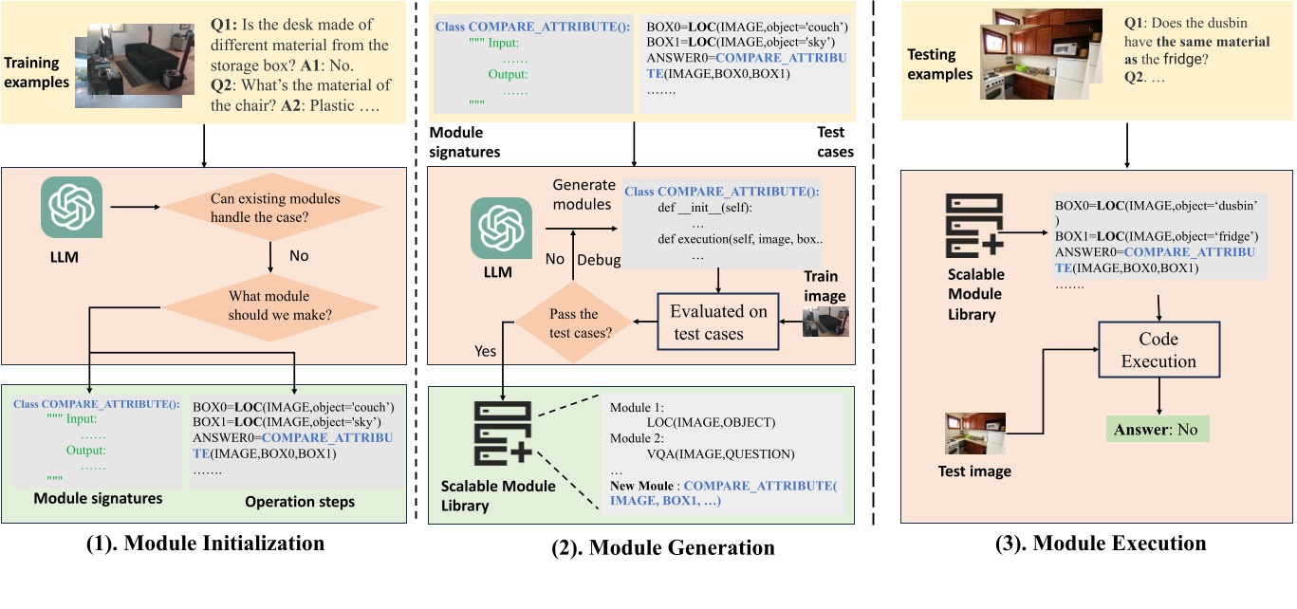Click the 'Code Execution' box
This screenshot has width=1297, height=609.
click(x=1158, y=350)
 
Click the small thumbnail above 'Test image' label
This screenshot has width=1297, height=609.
click(x=974, y=434)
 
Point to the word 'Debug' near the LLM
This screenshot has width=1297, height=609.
click(x=600, y=260)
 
